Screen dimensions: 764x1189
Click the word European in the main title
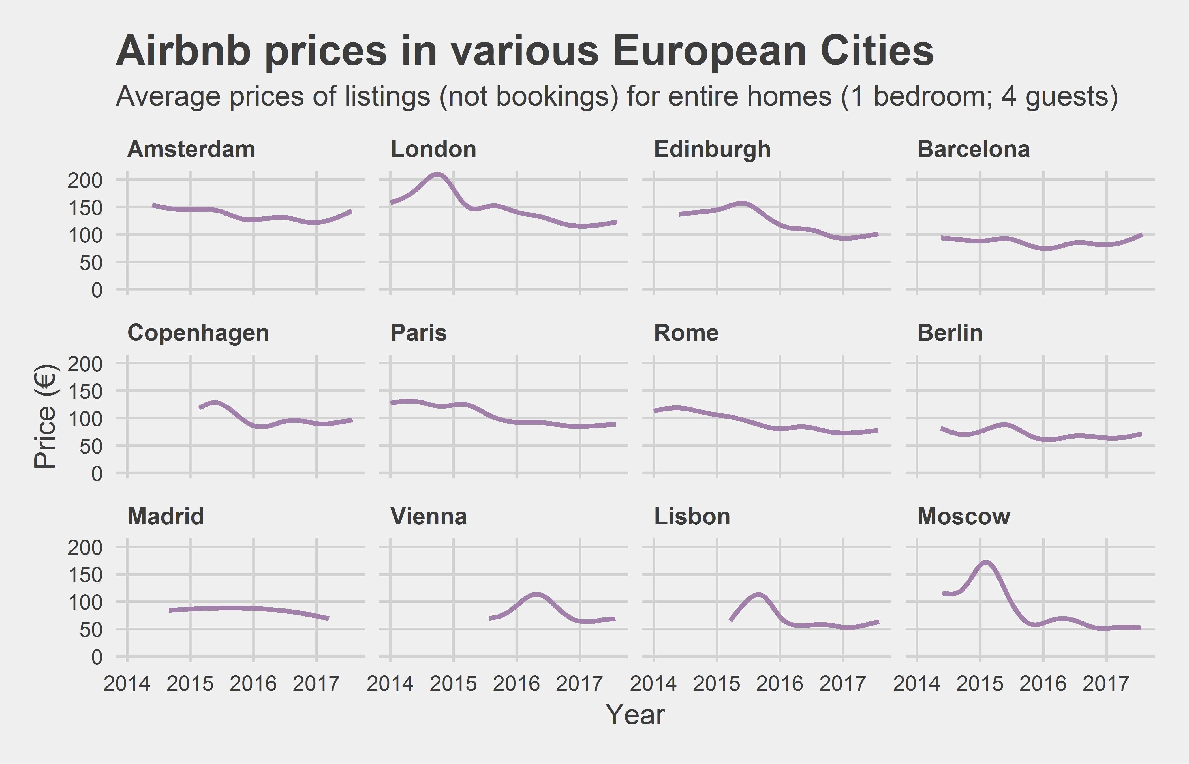click(x=710, y=51)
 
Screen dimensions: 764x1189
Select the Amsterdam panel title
click(x=191, y=149)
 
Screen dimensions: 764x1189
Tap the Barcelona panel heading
click(x=973, y=149)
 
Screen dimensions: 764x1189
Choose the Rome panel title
click(x=686, y=333)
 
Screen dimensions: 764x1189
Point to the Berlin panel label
click(x=949, y=333)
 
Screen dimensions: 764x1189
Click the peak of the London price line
click(x=437, y=174)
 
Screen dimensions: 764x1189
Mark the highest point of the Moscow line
click(x=985, y=562)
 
